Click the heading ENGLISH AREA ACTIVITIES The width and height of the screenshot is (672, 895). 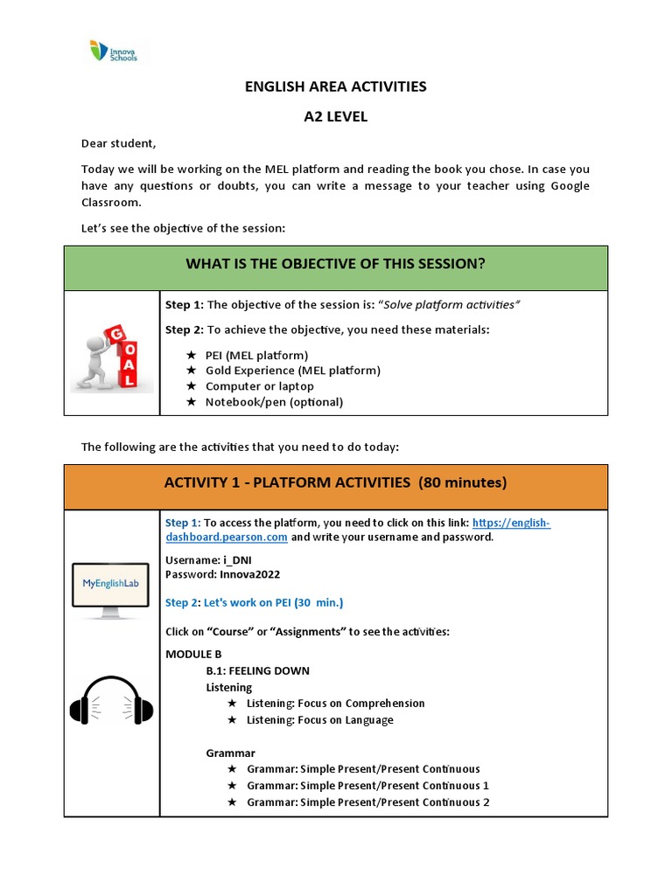335,87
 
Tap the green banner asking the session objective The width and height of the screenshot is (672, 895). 335,264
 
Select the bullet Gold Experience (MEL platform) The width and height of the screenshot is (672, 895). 292,371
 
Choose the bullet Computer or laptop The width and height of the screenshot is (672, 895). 259,386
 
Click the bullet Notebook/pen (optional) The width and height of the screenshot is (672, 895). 274,402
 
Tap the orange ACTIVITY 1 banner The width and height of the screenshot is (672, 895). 335,482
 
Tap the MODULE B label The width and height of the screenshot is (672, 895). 193,654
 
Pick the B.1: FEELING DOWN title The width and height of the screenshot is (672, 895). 257,671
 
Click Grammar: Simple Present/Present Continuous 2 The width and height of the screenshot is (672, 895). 367,802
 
